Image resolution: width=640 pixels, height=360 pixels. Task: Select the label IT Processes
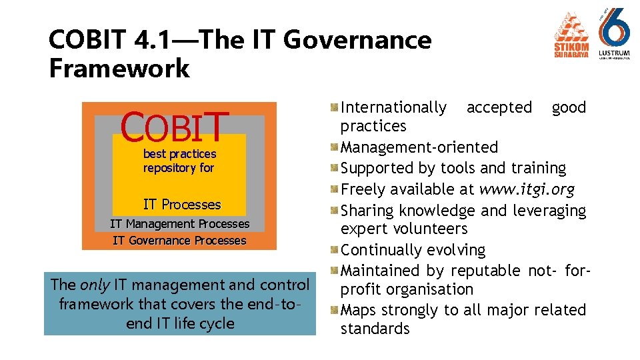182,205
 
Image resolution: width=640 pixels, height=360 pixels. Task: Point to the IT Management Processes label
179,224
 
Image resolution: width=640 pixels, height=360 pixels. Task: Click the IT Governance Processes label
179,241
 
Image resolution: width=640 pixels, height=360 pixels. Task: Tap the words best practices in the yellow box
179,154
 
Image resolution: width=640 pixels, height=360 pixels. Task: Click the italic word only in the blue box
95,285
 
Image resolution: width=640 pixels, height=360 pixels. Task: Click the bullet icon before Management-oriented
335,147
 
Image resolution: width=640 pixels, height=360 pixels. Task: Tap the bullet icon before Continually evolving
335,250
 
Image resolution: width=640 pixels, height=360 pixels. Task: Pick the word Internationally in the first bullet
393,107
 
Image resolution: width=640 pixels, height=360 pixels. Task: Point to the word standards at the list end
375,329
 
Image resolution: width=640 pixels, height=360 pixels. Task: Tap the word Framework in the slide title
119,69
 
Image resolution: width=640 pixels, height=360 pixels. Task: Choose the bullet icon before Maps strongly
335,310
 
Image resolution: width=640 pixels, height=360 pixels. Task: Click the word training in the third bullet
536,168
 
